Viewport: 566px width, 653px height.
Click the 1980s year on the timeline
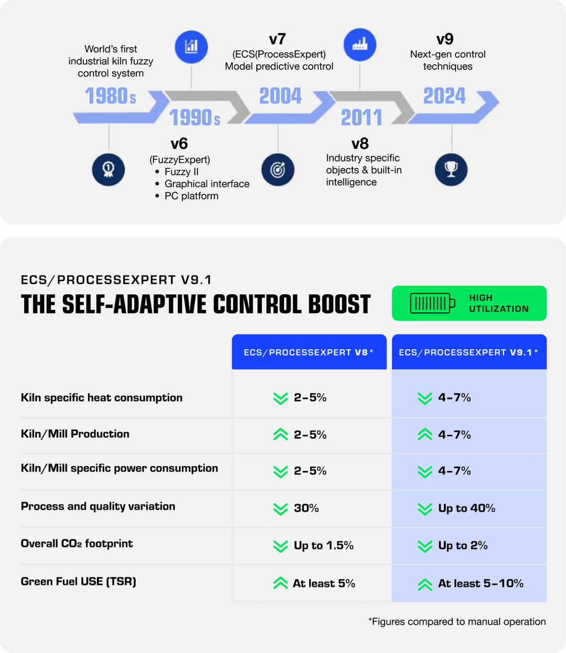pos(111,97)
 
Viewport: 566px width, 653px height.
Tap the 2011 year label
pos(362,117)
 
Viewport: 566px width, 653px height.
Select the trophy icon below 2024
pos(451,169)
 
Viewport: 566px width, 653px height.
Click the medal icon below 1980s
pos(108,169)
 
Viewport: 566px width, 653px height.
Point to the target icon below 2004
pos(278,169)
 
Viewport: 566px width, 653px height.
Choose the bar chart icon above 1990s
pos(191,46)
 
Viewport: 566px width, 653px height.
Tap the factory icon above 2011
pos(360,45)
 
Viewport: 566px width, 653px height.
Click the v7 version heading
pos(277,39)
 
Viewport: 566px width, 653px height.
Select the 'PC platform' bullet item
pos(191,196)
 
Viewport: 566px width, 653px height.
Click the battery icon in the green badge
pos(433,303)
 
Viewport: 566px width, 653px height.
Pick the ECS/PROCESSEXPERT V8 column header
pos(309,352)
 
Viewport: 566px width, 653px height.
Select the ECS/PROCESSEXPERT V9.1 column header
pos(469,352)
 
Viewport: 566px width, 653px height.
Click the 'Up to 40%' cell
pos(466,508)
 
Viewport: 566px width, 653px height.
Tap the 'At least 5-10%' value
pos(481,583)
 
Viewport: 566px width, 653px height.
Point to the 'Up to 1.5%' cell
pos(323,545)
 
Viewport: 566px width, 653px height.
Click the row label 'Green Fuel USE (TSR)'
pos(79,581)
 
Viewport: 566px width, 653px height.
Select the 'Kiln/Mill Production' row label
pos(75,434)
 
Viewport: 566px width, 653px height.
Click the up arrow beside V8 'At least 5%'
pos(280,583)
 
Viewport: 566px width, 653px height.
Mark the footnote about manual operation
pos(457,622)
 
